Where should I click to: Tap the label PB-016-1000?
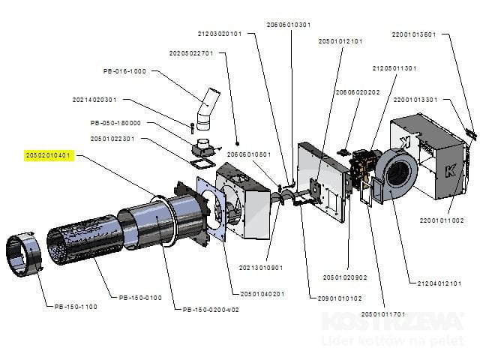click(124, 71)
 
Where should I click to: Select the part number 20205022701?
click(191, 53)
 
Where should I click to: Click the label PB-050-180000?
click(115, 122)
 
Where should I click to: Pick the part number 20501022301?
click(112, 138)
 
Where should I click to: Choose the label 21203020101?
click(220, 34)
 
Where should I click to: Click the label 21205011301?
click(394, 67)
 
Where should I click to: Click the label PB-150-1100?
click(76, 306)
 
